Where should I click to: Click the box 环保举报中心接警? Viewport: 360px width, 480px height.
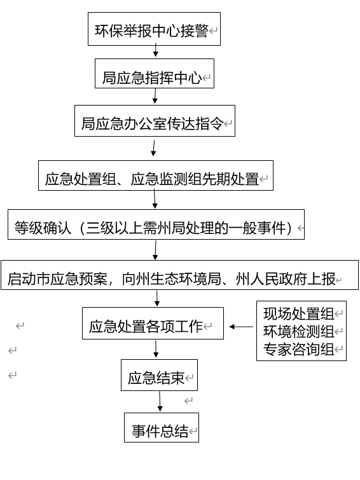click(x=154, y=29)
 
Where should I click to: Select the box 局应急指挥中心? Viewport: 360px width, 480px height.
click(x=155, y=74)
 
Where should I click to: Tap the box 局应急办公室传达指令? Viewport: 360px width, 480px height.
click(x=155, y=121)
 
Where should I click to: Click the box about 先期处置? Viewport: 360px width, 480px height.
click(x=156, y=175)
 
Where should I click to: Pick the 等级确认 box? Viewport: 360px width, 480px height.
click(x=156, y=224)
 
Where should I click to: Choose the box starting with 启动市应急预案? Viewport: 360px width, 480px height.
click(x=179, y=275)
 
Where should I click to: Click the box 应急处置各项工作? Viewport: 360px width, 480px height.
click(x=153, y=323)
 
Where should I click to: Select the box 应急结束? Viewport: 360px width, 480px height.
click(x=159, y=375)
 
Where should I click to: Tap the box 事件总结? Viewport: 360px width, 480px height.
click(x=162, y=428)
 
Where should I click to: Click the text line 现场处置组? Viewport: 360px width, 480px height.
click(x=298, y=314)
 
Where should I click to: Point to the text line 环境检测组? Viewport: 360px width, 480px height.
click(x=298, y=331)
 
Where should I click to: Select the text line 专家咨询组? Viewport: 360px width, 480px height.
click(x=298, y=349)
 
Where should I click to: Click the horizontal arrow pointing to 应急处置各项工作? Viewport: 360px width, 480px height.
click(x=241, y=327)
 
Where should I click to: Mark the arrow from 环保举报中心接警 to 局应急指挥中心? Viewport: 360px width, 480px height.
click(x=156, y=50)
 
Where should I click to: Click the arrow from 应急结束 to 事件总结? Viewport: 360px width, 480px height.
click(x=160, y=401)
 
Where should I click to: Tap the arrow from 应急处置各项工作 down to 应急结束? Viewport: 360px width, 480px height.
click(x=156, y=349)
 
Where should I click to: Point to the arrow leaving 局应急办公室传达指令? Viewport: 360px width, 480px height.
click(x=154, y=148)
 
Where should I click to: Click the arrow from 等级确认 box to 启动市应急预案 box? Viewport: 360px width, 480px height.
click(x=155, y=250)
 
